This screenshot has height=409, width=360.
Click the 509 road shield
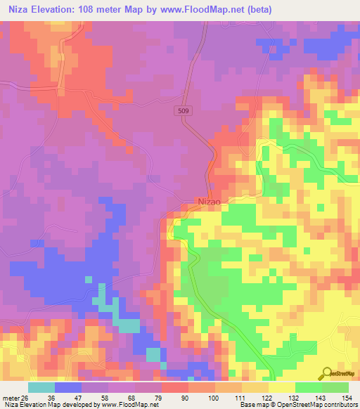[183, 110]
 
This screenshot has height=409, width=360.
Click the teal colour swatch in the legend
[41, 387]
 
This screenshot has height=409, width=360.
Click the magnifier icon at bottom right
[328, 374]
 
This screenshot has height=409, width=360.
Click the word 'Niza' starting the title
[15, 9]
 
